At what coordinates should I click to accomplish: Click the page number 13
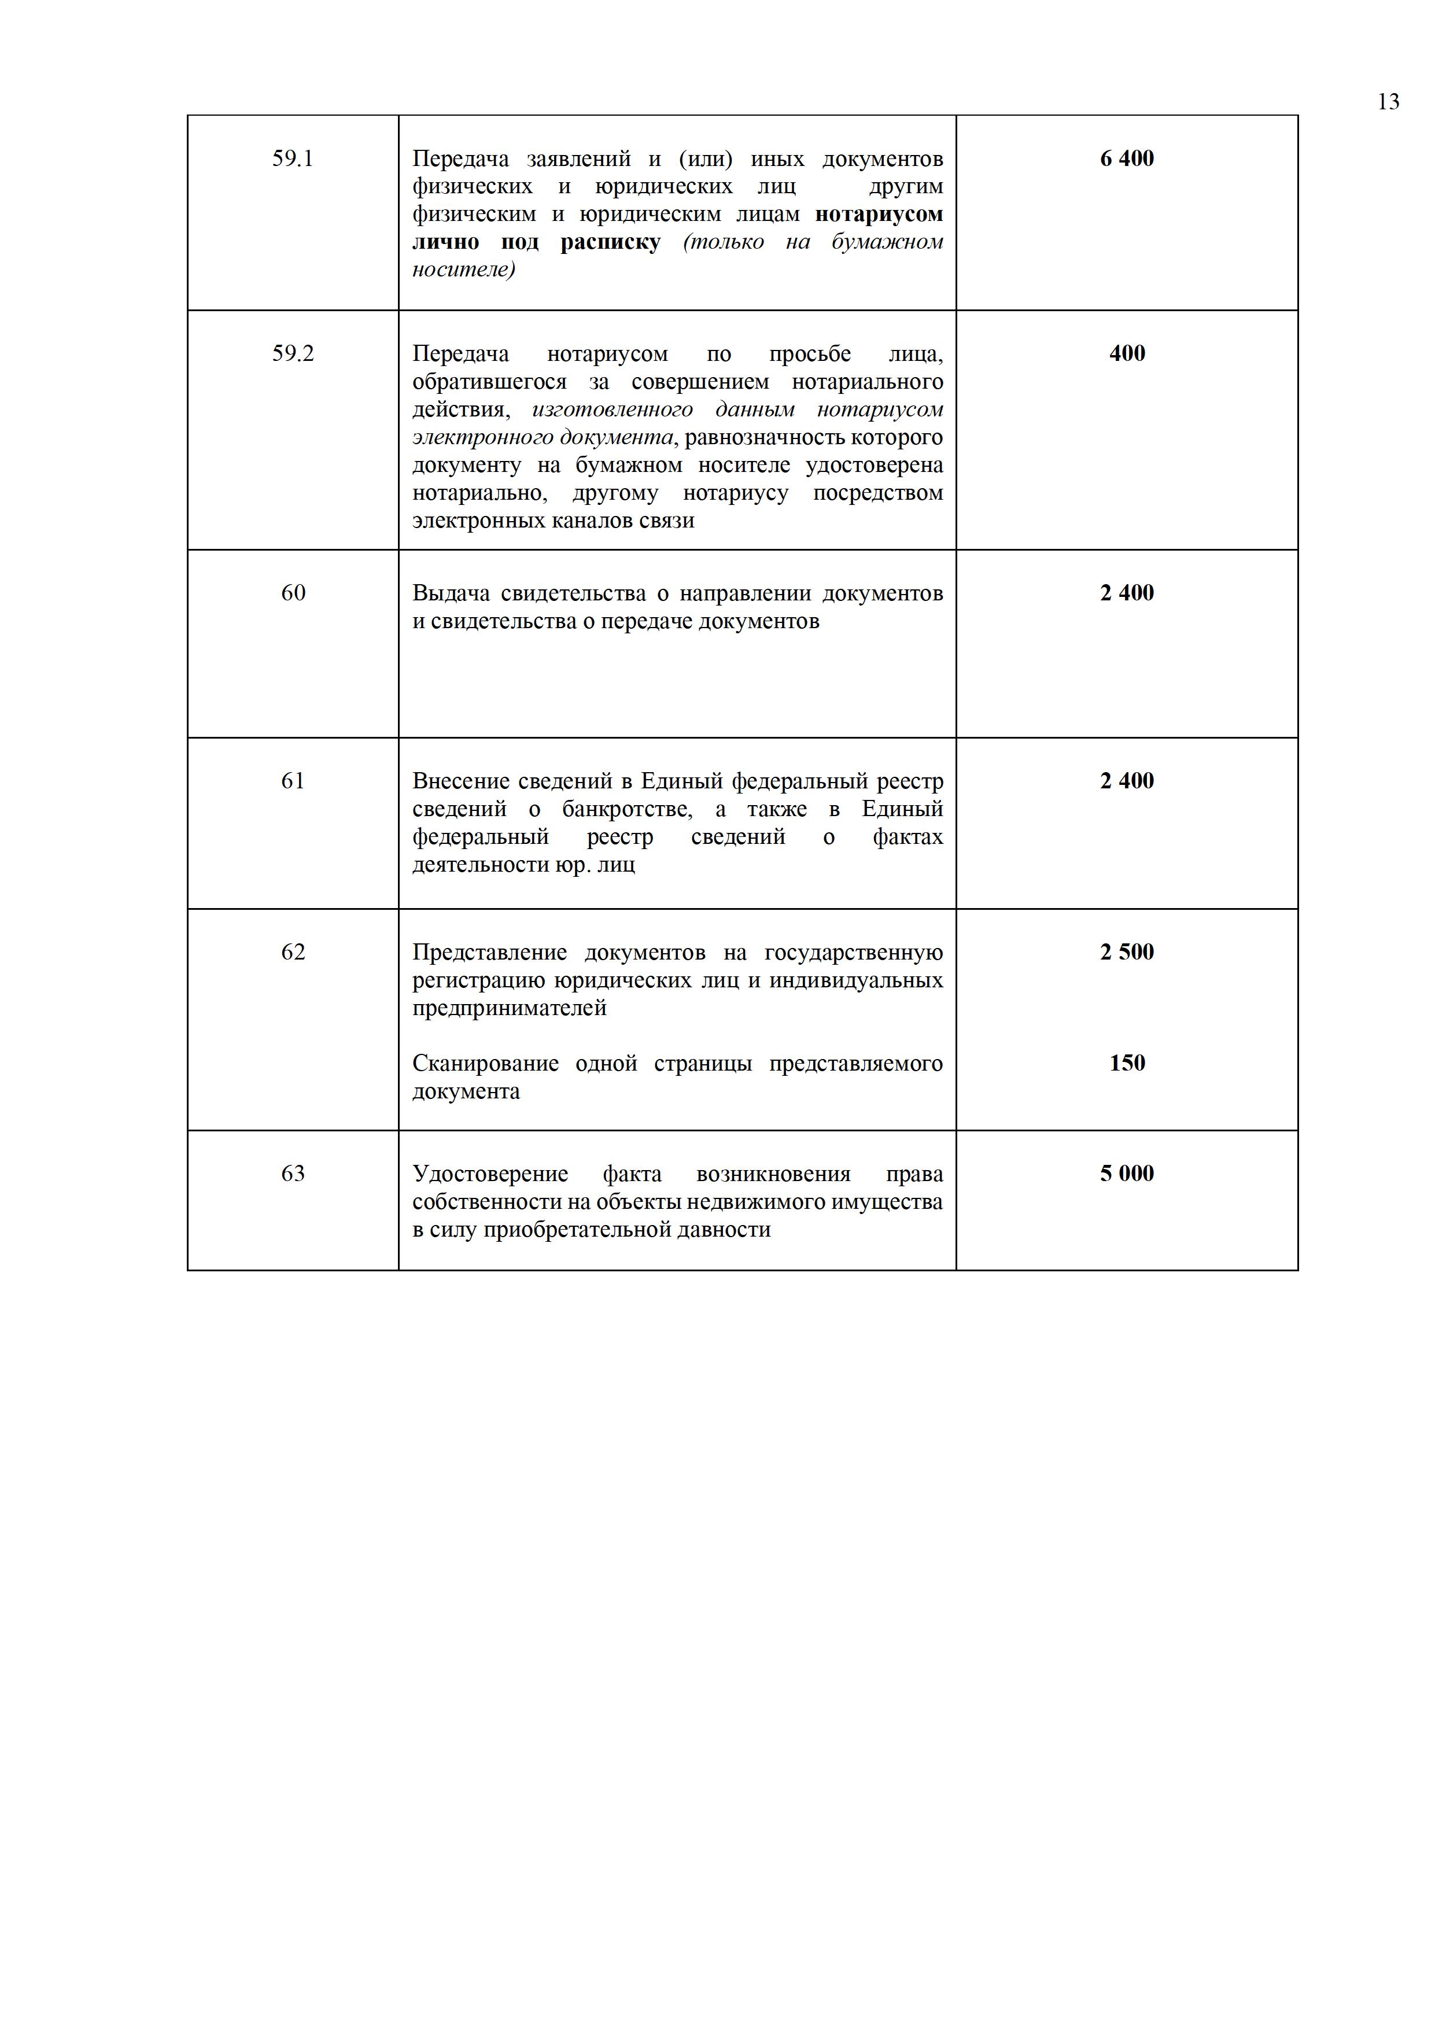point(1388,102)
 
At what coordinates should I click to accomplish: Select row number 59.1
point(293,159)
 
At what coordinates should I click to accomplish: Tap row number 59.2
point(293,353)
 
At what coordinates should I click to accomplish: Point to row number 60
point(293,593)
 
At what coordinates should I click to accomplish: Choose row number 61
point(293,781)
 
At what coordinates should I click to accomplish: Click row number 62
point(293,952)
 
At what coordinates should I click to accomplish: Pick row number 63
point(293,1174)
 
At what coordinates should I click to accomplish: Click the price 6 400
point(1127,159)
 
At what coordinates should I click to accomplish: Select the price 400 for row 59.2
point(1127,353)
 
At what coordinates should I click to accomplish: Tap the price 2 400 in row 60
point(1127,593)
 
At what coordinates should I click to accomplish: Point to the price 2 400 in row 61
point(1127,781)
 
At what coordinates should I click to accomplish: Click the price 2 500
point(1127,952)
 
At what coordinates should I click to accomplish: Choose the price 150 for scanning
point(1127,1063)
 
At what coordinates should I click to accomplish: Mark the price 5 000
point(1127,1174)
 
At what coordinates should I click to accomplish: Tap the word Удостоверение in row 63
point(489,1175)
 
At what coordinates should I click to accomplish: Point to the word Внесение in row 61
point(460,781)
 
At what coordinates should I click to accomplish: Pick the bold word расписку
point(610,243)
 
